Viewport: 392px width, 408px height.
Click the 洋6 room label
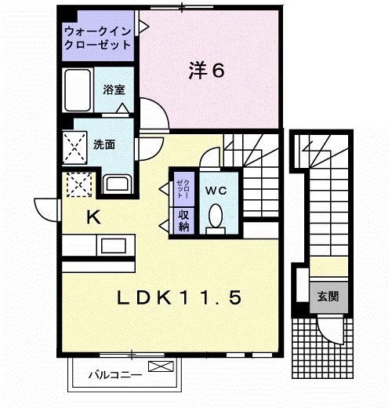pos(206,70)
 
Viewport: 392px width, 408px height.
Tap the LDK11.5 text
pos(179,297)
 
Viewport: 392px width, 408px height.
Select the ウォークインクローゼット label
pos(97,38)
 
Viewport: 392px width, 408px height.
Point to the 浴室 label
pos(114,89)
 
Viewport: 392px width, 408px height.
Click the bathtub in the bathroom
pos(78,90)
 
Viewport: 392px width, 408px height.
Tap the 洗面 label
pos(104,144)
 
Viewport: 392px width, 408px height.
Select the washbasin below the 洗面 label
pos(117,184)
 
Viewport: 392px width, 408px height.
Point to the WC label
pos(216,191)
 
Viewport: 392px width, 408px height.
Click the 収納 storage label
pos(184,220)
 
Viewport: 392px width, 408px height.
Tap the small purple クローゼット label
pos(183,189)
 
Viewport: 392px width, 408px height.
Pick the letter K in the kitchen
pos(93,217)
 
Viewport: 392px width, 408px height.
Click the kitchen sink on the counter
pos(114,246)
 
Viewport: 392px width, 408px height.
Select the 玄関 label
pos(328,297)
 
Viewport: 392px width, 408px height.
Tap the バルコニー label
pos(115,375)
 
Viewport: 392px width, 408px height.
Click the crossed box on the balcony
pos(161,366)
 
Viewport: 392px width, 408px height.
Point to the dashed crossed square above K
pos(79,184)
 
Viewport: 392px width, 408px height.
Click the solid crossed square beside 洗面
pos(74,148)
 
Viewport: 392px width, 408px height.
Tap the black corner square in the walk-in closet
pos(69,16)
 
